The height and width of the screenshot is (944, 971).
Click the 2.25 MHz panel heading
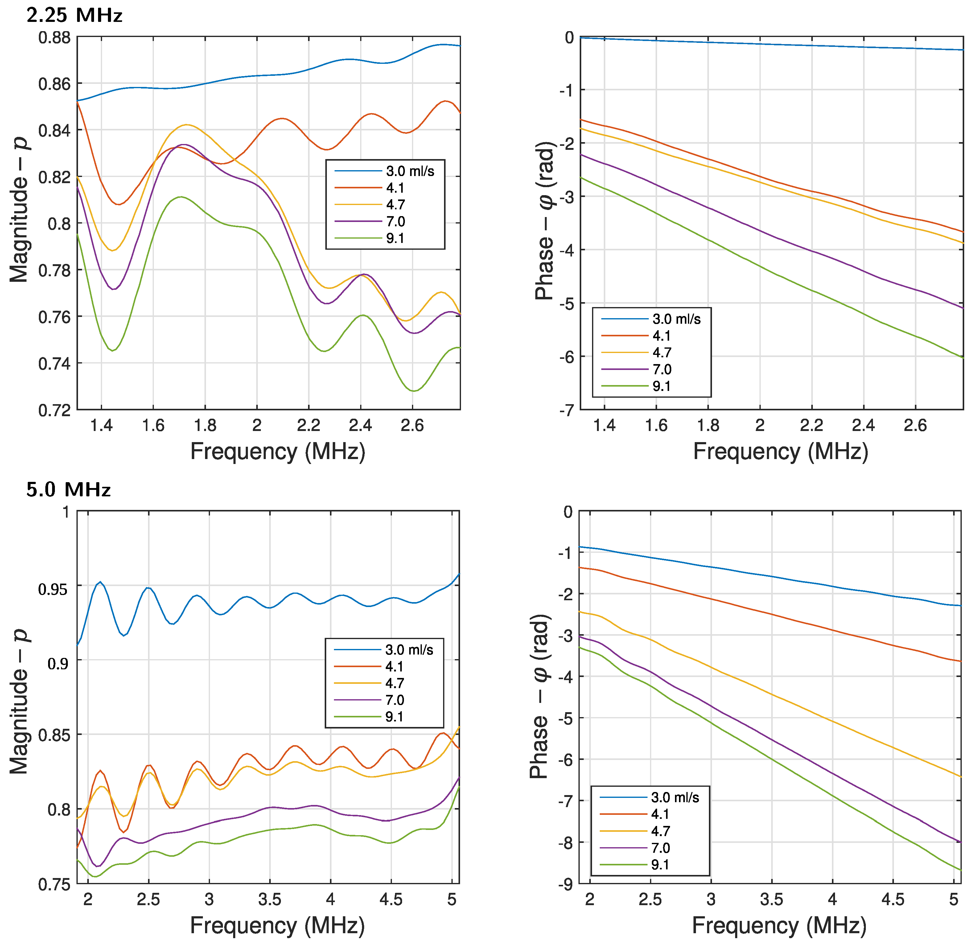click(x=74, y=15)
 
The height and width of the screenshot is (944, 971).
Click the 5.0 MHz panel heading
click(x=68, y=490)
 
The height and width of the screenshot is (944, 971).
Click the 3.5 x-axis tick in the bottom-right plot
click(x=771, y=899)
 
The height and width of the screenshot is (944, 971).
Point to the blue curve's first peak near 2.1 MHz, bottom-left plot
click(x=100, y=582)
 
